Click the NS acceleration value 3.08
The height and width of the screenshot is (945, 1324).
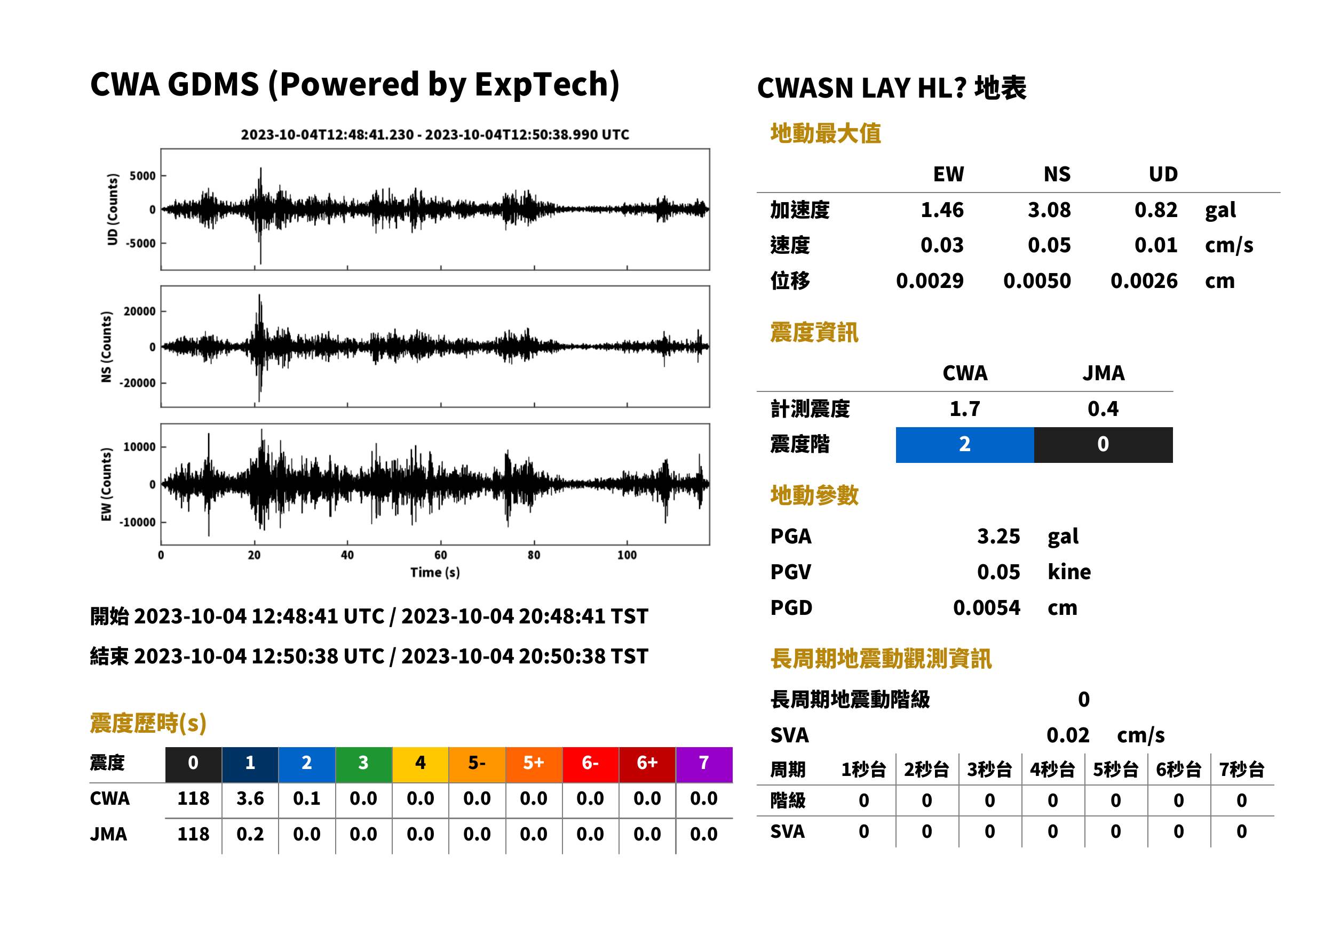point(1049,210)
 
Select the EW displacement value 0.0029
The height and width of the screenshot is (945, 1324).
point(929,281)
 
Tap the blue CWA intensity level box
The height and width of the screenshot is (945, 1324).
point(965,445)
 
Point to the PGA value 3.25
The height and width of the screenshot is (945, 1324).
point(998,536)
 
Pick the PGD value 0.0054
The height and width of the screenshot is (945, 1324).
point(986,607)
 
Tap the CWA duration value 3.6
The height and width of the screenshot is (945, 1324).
point(250,798)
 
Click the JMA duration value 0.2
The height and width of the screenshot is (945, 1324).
point(250,835)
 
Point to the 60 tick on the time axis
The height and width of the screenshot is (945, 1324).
point(441,555)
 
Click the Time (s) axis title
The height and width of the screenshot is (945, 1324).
point(435,573)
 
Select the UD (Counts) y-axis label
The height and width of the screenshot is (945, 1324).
point(113,210)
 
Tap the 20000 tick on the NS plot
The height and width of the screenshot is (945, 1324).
point(140,311)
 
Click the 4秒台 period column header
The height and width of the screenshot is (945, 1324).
point(1052,770)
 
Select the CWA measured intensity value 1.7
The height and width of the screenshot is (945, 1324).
point(965,409)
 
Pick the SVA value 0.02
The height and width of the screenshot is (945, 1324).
point(1068,735)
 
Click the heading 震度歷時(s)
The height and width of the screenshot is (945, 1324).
point(148,723)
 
